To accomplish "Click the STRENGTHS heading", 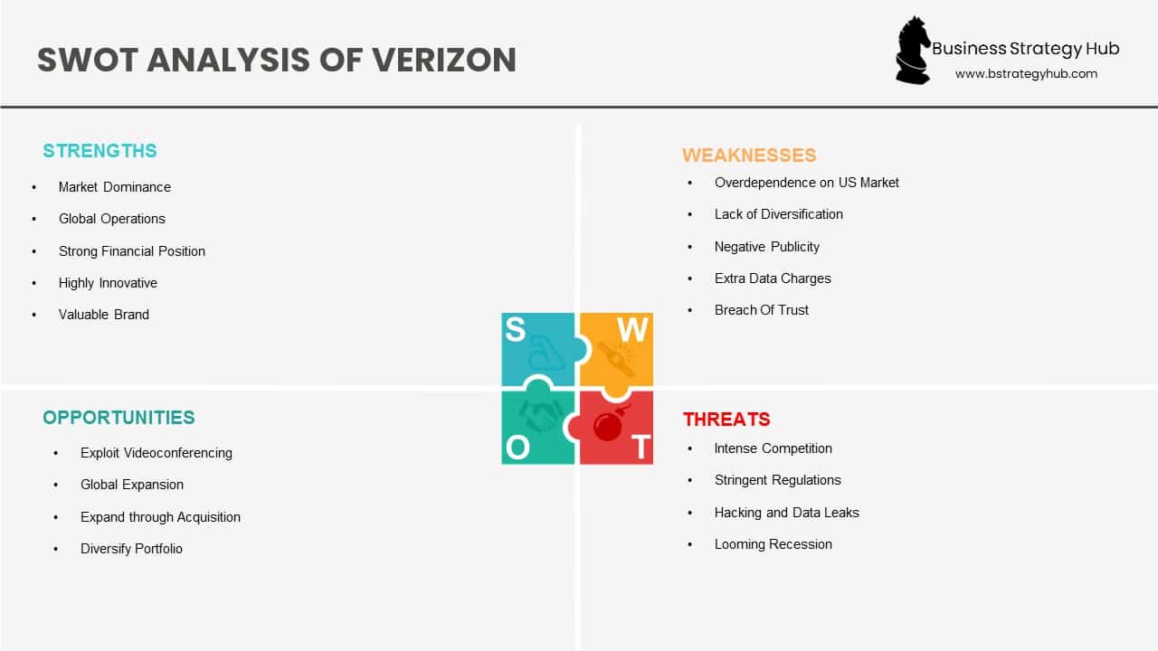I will (x=100, y=151).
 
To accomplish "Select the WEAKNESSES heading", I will (x=749, y=156).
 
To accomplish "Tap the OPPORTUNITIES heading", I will (x=119, y=418).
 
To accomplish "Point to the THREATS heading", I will (x=726, y=420).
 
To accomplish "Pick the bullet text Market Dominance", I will (x=114, y=187).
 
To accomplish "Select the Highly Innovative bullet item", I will (x=108, y=283).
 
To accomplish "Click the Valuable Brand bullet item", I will (x=103, y=315).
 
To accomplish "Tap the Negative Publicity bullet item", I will (x=766, y=247).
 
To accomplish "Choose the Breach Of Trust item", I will (x=761, y=310).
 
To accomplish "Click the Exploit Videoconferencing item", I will (x=156, y=453).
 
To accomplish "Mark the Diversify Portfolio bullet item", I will (x=131, y=549).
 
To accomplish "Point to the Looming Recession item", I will (x=773, y=544).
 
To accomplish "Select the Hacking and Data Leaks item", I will (x=786, y=513).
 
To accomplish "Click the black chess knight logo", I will (x=912, y=51).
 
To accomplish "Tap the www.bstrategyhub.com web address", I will (x=1026, y=74).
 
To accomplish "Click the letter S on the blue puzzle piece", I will (x=515, y=330).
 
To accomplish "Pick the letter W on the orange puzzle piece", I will (x=633, y=331).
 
